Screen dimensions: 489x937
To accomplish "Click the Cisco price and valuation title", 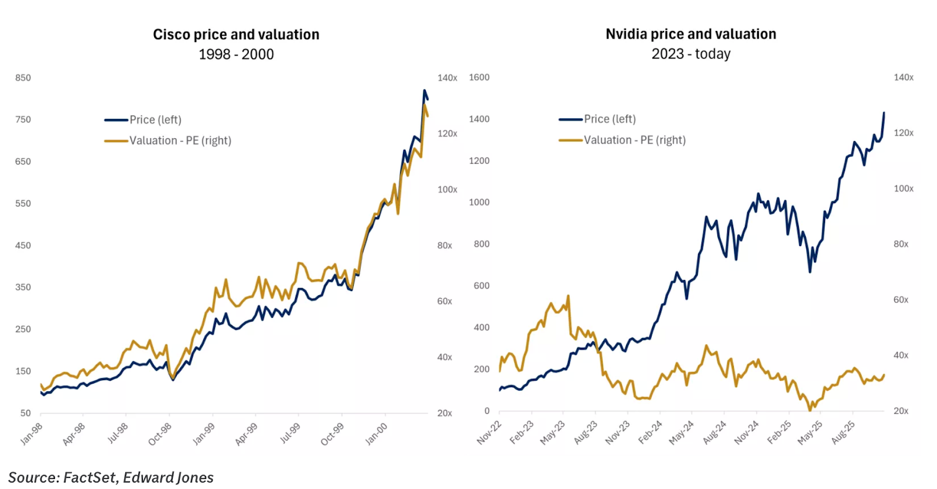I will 236,35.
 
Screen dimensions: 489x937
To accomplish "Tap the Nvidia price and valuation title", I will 690,34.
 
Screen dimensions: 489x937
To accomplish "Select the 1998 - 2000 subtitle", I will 236,54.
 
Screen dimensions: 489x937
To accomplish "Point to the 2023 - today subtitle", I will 690,54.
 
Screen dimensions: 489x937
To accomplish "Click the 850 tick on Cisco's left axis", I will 23,78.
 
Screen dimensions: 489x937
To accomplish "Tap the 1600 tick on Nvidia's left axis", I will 478,77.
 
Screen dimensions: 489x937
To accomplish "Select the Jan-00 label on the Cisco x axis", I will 377,434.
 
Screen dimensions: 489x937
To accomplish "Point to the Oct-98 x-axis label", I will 160,434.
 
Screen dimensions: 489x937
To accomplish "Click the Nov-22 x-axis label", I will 489,432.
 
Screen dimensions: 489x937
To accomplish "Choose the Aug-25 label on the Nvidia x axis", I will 843,432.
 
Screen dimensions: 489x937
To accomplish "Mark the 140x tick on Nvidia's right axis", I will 903,77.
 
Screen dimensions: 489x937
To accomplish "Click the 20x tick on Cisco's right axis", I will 444,413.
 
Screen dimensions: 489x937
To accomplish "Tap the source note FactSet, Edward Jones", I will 111,477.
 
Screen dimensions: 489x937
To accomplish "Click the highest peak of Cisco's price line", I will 425,90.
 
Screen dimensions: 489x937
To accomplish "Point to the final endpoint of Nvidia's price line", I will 884,112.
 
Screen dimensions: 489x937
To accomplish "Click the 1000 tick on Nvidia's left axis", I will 478,203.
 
